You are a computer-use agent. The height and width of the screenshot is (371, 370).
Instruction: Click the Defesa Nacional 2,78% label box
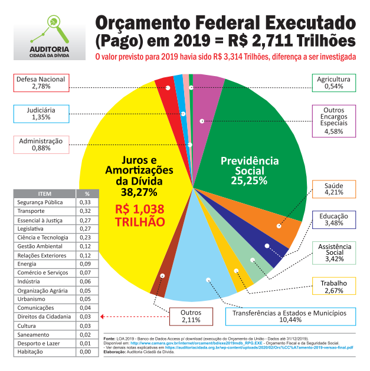(40, 83)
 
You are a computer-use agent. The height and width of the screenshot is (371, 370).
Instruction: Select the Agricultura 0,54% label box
(333, 83)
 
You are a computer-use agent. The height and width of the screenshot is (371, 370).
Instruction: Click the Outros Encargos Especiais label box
(333, 120)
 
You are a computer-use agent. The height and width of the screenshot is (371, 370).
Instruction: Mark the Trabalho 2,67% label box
(333, 287)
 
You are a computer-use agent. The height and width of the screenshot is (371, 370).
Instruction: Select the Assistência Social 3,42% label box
(334, 252)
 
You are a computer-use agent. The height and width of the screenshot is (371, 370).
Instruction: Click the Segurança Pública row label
(40, 202)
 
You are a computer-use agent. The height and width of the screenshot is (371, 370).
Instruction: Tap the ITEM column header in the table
(45, 193)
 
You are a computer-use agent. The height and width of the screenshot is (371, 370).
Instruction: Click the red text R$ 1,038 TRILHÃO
(139, 215)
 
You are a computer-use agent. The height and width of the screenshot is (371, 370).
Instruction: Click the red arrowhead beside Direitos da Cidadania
(103, 317)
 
